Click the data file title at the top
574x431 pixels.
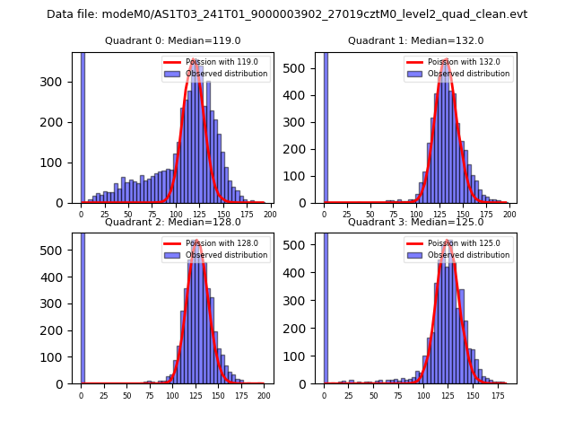click(287, 14)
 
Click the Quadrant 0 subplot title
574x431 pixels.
click(172, 40)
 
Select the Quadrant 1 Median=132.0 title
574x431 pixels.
click(415, 40)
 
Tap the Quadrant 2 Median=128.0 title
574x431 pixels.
click(172, 222)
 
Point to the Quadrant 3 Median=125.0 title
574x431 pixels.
click(415, 222)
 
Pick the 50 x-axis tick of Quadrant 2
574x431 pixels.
click(126, 395)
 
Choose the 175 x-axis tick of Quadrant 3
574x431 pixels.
click(487, 395)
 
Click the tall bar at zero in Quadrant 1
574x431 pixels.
click(325, 126)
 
